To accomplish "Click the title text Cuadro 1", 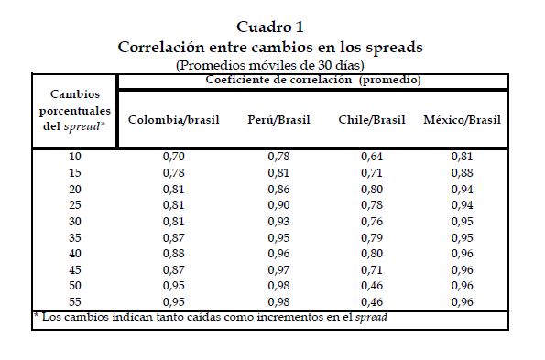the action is [x=270, y=27].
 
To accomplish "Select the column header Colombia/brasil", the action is [x=174, y=120].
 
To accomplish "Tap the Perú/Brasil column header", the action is [x=278, y=120].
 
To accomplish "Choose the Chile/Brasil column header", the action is [x=372, y=120].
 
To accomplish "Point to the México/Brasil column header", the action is [x=463, y=120].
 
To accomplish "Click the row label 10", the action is [x=75, y=157].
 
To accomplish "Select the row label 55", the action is [x=75, y=301].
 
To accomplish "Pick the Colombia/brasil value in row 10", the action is [x=174, y=157].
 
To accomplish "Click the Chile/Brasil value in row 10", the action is [x=372, y=157].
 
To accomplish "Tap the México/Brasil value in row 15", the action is [x=463, y=173].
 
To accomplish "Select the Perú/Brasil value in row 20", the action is [x=278, y=190].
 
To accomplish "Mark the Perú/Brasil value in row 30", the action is [x=278, y=222].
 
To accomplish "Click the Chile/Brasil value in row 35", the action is [x=372, y=237].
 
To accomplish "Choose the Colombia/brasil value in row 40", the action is [x=174, y=254].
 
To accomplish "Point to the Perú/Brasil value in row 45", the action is [x=278, y=269].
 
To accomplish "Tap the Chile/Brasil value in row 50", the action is [x=372, y=286].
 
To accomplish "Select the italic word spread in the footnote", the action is [x=371, y=317].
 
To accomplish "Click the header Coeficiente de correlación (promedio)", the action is [x=313, y=80].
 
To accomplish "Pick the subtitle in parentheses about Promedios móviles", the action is [x=270, y=65].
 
